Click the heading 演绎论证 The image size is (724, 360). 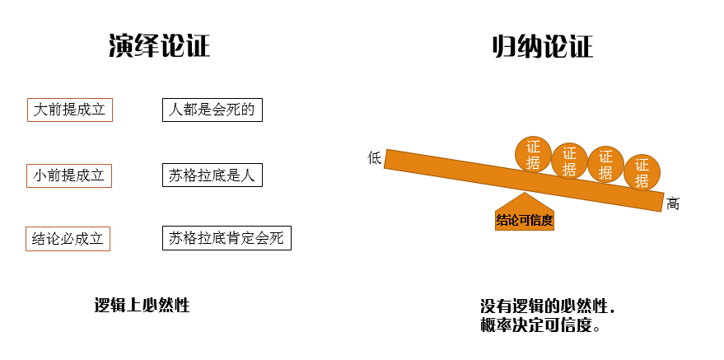[160, 46]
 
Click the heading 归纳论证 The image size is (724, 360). [541, 46]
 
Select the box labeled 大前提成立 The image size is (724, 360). [70, 110]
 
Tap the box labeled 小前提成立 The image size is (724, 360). [69, 175]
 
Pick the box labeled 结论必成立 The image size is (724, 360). [68, 239]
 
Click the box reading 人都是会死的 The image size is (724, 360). [213, 110]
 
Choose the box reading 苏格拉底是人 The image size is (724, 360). [213, 175]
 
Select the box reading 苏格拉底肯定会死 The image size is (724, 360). [227, 239]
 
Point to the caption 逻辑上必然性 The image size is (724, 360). [142, 306]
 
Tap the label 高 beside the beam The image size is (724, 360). [673, 203]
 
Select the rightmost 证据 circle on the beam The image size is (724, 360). [642, 173]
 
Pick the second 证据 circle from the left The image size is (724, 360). [569, 161]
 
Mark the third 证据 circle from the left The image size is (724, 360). [605, 165]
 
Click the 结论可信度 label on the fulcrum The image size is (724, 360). [524, 220]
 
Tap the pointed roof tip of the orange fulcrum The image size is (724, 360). [523, 194]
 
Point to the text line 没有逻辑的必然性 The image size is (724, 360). [546, 306]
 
